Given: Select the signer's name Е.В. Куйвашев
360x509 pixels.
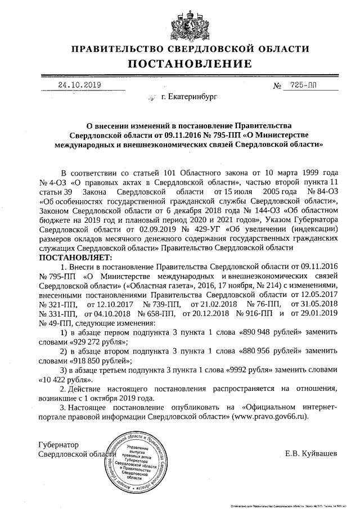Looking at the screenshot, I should (312, 453).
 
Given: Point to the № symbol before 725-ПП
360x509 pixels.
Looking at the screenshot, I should (277, 86).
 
